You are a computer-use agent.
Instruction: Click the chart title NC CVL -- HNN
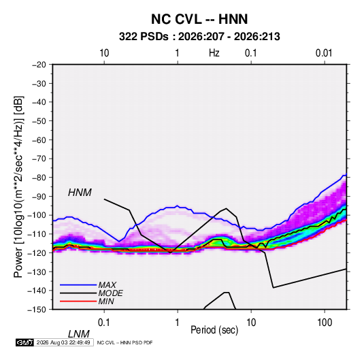(x=199, y=19)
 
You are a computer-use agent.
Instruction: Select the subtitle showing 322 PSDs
(x=199, y=37)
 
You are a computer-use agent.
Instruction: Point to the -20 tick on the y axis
(x=39, y=65)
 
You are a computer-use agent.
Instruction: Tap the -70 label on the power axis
(x=39, y=159)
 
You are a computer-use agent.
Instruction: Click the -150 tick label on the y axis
(x=37, y=310)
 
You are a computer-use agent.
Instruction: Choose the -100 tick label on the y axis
(x=37, y=215)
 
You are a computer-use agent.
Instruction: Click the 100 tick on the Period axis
(x=325, y=323)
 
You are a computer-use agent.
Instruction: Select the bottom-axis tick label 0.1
(x=104, y=323)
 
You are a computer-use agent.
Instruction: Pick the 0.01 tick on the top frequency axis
(x=324, y=53)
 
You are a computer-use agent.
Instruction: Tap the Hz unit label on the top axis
(x=214, y=53)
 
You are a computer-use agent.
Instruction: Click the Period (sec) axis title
(x=214, y=330)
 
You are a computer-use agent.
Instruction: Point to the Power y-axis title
(x=18, y=186)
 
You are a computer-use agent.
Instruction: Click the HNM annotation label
(x=80, y=193)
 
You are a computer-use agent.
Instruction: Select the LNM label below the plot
(x=78, y=334)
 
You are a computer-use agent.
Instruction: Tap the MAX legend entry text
(x=107, y=285)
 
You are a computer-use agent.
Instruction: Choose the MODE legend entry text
(x=110, y=293)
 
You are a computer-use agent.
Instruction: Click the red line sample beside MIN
(x=78, y=301)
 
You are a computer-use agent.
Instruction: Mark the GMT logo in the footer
(x=24, y=342)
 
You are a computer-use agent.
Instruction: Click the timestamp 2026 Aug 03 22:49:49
(x=63, y=342)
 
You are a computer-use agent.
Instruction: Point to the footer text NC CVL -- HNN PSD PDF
(x=125, y=342)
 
